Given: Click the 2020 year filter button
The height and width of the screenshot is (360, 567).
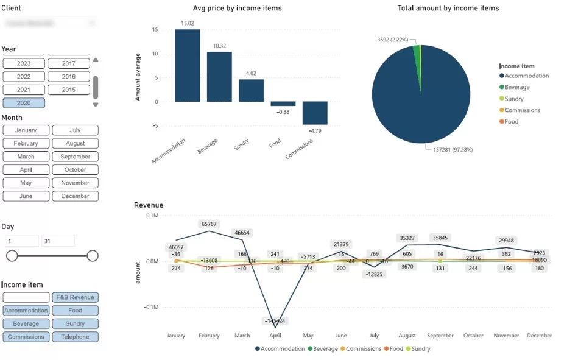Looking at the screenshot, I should coord(24,103).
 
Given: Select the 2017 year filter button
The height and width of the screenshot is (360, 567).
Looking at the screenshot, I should coord(68,63).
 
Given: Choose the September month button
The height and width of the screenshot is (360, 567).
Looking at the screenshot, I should coord(75,157).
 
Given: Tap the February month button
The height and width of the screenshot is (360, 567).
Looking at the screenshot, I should coord(26,143).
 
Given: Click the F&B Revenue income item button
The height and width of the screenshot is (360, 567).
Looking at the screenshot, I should coord(75,297).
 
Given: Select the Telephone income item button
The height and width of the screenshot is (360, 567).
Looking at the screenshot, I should coord(75,337).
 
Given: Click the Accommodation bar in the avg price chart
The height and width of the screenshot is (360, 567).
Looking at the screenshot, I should coord(188,66).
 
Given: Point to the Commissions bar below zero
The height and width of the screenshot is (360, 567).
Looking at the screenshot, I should coord(315,113).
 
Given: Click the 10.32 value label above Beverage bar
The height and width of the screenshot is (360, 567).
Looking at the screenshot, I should coord(219,46).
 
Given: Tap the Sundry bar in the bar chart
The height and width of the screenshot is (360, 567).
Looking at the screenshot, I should coord(251,90).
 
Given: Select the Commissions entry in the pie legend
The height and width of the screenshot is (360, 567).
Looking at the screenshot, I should coord(522,110).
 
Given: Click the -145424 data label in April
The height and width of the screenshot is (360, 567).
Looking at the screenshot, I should coord(275,320).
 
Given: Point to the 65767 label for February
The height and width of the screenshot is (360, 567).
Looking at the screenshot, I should coord(210,224).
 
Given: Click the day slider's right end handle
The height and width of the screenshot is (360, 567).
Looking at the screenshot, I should coord(93,256).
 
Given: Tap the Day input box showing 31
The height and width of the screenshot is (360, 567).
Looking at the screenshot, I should coord(58,241).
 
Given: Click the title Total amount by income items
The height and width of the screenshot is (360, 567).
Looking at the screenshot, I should coord(448,8).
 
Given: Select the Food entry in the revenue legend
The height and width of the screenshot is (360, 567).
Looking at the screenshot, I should coord(396,349).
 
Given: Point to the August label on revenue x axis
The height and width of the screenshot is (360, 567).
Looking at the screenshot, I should coord(407,336).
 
